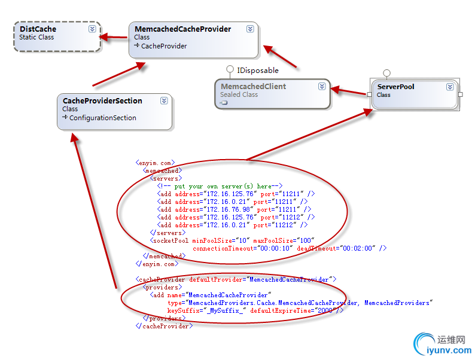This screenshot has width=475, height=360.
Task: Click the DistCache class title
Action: pyautogui.click(x=38, y=29)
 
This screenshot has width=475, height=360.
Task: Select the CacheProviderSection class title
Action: pyautogui.click(x=102, y=100)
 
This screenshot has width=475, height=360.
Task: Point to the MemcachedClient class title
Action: pyautogui.click(x=253, y=86)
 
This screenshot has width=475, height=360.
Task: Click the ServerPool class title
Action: pyautogui.click(x=395, y=87)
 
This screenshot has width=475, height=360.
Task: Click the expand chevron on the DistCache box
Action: pyautogui.click(x=92, y=29)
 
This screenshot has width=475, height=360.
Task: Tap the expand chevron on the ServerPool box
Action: pyautogui.click(x=450, y=87)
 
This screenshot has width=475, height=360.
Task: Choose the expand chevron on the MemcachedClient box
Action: pyautogui.click(x=322, y=86)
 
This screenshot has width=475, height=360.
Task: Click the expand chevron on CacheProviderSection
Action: pyautogui.click(x=164, y=100)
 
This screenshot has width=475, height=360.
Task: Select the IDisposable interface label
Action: pyautogui.click(x=258, y=70)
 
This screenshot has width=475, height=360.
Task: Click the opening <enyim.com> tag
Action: pyautogui.click(x=155, y=163)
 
